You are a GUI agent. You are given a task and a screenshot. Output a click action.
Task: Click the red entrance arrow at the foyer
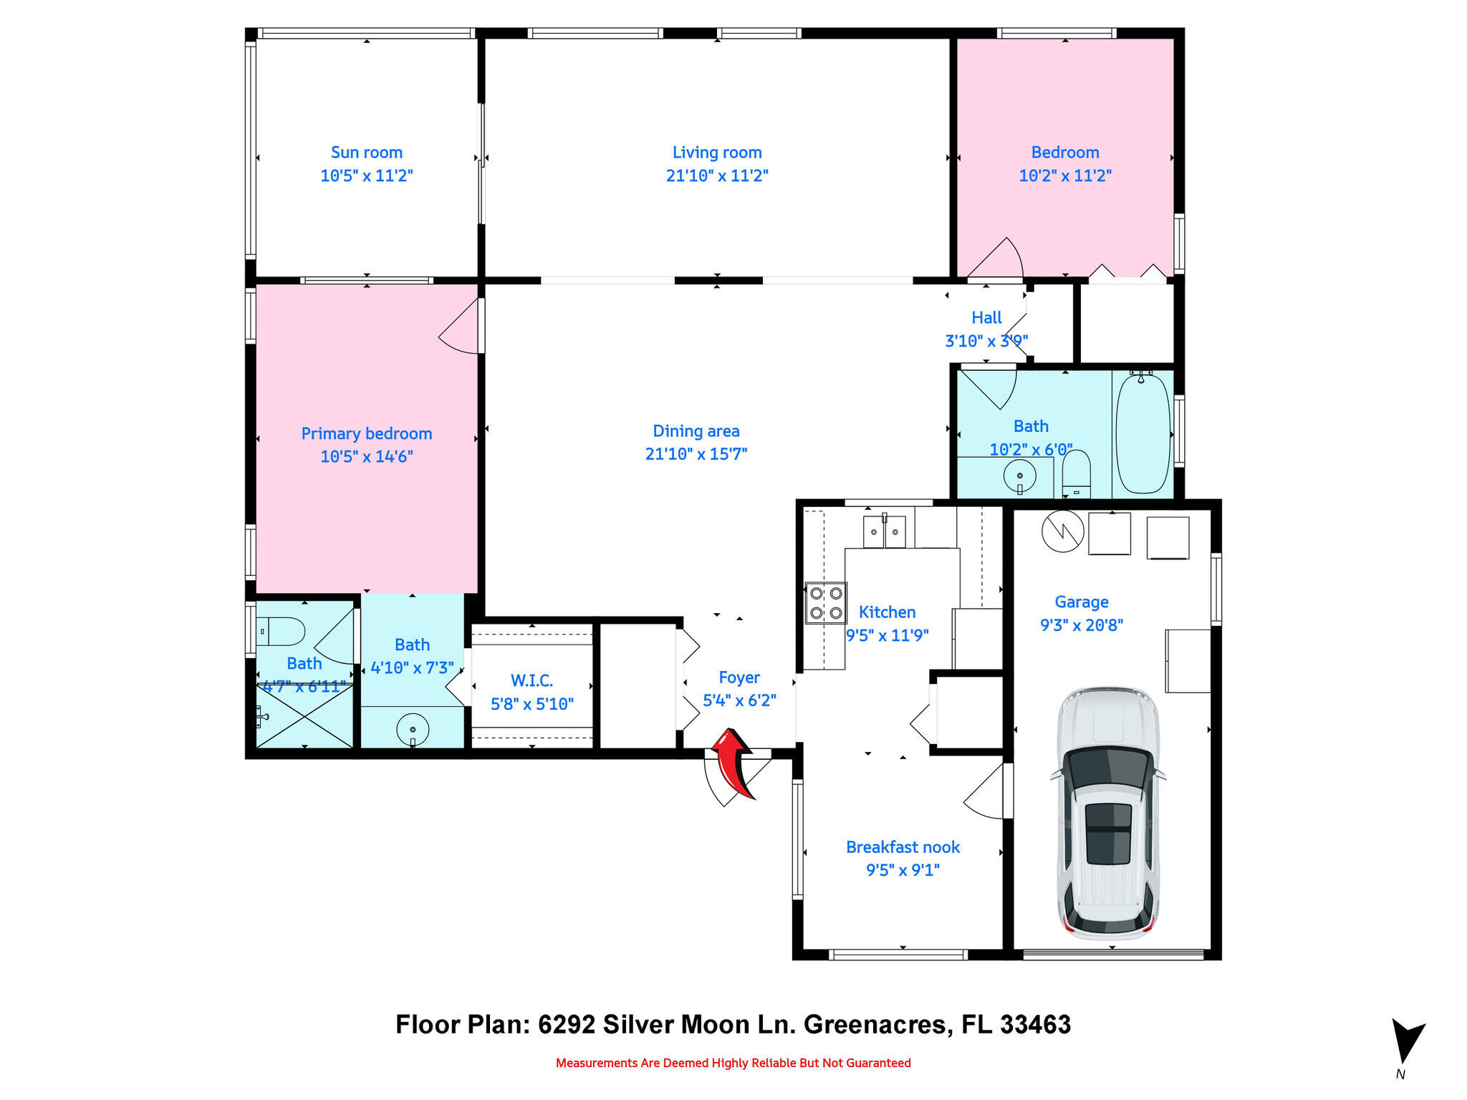pyautogui.click(x=733, y=761)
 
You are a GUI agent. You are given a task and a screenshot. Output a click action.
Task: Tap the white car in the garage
pyautogui.click(x=1108, y=814)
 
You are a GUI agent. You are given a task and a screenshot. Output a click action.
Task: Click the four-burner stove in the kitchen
pyautogui.click(x=826, y=603)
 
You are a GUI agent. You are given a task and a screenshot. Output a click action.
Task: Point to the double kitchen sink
pyautogui.click(x=884, y=531)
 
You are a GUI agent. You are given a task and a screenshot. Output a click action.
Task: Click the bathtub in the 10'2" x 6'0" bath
pyautogui.click(x=1143, y=433)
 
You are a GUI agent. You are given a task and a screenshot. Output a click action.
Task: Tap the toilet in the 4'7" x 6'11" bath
pyautogui.click(x=282, y=632)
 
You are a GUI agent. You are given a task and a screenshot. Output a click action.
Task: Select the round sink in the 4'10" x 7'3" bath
pyautogui.click(x=413, y=730)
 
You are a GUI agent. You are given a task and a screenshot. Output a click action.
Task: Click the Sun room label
pyautogui.click(x=367, y=153)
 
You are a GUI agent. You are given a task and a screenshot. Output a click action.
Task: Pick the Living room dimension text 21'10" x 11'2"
pyautogui.click(x=717, y=175)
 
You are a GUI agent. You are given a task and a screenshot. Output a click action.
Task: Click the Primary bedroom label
pyautogui.click(x=367, y=433)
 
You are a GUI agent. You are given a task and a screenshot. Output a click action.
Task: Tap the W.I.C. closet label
pyautogui.click(x=532, y=680)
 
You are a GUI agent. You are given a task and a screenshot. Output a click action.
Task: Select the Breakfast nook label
pyautogui.click(x=903, y=847)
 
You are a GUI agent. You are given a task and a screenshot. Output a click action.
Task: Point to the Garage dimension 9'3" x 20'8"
pyautogui.click(x=1081, y=625)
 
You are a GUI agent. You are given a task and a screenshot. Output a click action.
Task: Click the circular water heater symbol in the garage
pyautogui.click(x=1062, y=531)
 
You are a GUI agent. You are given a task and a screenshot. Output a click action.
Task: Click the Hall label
pyautogui.click(x=986, y=317)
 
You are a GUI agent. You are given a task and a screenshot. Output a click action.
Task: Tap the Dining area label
pyautogui.click(x=696, y=431)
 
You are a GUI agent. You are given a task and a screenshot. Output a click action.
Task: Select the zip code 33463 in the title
pyautogui.click(x=1035, y=1024)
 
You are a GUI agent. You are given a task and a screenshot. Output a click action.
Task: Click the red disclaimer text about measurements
pyautogui.click(x=733, y=1063)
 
